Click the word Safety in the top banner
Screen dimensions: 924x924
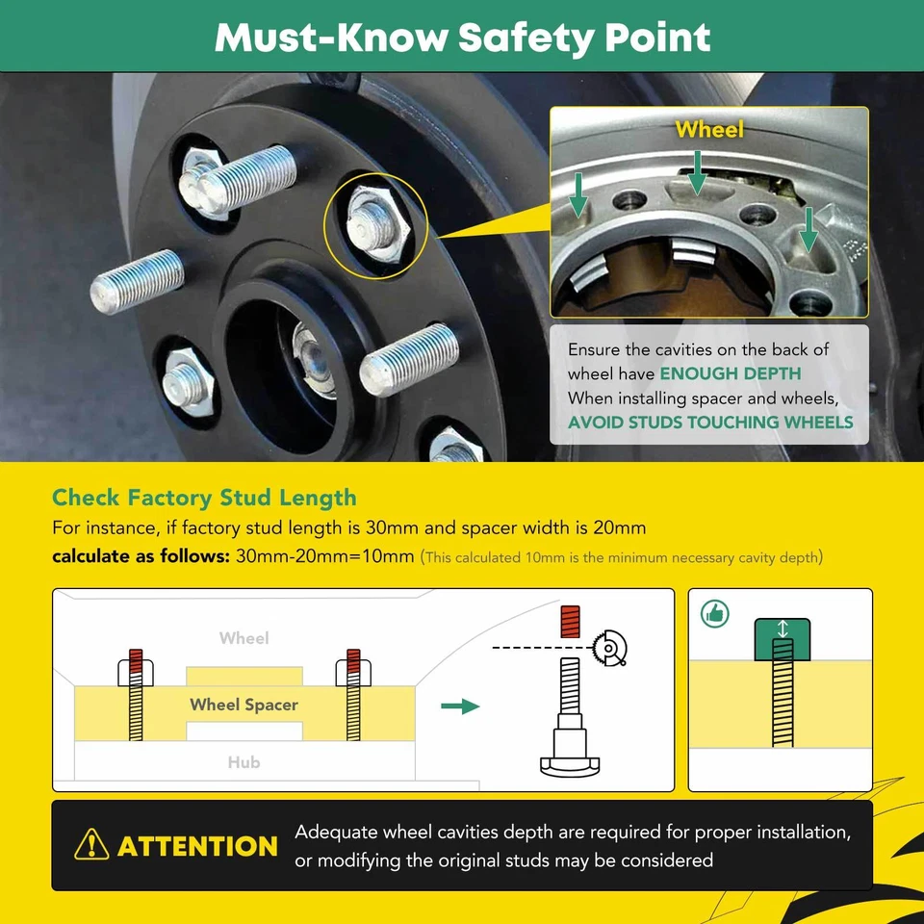pos(526,38)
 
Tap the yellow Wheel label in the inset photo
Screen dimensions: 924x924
pos(709,129)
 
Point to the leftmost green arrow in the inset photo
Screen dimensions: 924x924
pos(577,195)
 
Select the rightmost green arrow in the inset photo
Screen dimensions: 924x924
pos(808,230)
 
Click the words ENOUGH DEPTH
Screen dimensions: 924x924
pos(730,373)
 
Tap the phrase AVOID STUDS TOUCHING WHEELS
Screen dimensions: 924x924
pos(710,422)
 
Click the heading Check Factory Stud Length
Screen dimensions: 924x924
pos(204,498)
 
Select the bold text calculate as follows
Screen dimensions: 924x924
pos(141,556)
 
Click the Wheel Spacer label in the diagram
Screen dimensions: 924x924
pos(244,705)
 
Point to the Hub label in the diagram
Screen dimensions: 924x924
pos(244,762)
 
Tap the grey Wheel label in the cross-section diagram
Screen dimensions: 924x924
pos(244,638)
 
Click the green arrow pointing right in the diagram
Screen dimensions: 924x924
pos(460,706)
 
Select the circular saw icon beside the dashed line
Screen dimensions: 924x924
pos(610,648)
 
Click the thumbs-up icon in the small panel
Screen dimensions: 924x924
pos(715,613)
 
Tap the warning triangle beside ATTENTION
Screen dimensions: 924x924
pos(91,844)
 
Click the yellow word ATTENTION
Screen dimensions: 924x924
pos(197,846)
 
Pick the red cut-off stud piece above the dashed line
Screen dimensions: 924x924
pos(570,622)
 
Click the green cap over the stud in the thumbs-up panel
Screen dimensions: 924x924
pos(782,639)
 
